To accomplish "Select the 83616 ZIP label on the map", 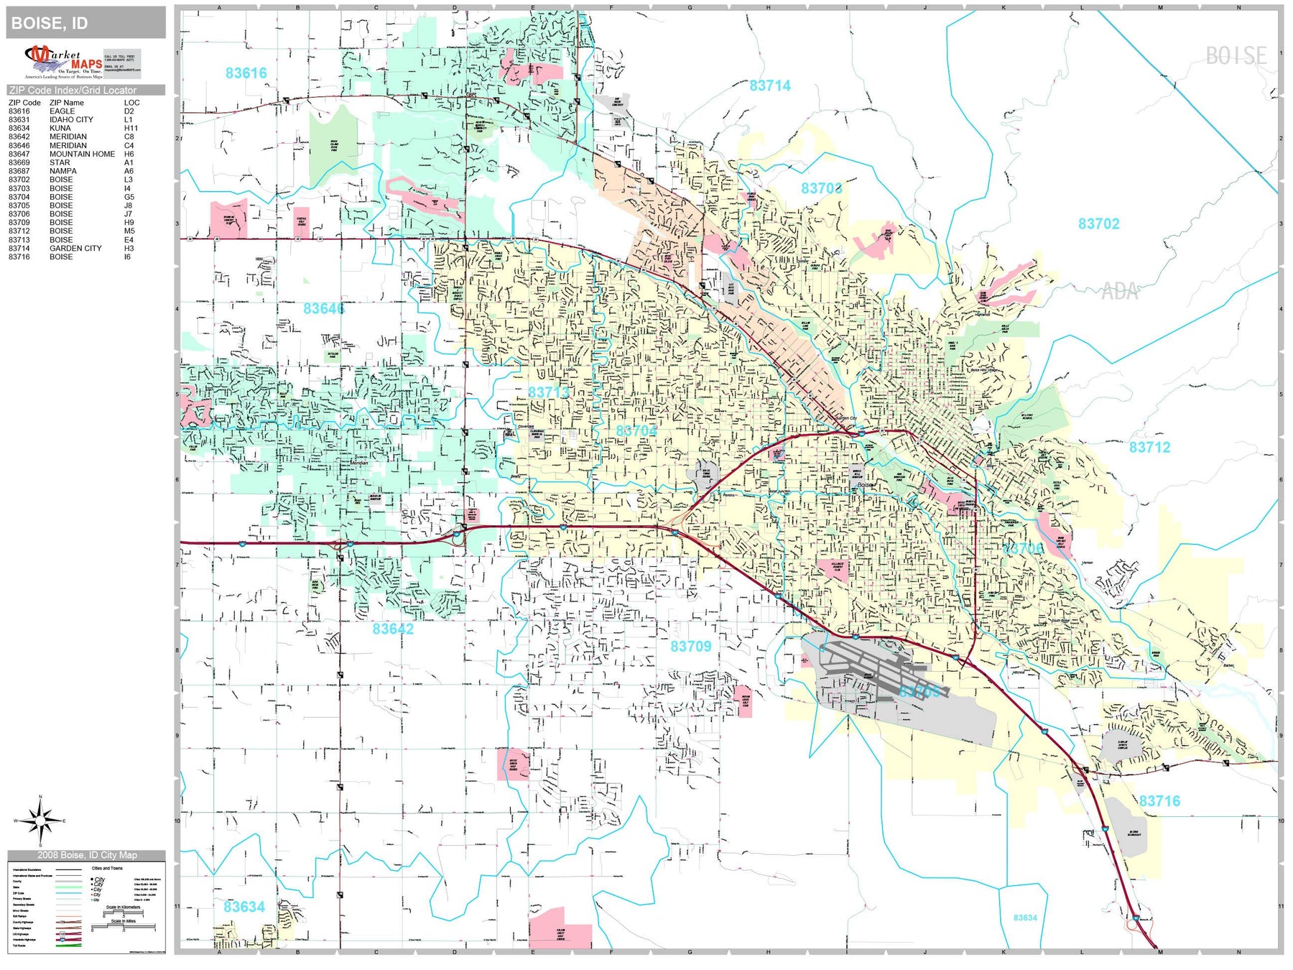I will click(246, 73).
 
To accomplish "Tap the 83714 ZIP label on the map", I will click(769, 86).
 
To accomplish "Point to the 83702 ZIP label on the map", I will click(1098, 224).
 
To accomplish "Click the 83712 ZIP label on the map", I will click(1149, 448).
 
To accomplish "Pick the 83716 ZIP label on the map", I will click(1159, 801).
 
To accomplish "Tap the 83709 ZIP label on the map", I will click(690, 647).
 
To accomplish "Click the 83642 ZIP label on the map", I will click(393, 629).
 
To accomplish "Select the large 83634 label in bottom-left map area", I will click(244, 907).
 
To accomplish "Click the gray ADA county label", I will click(1120, 292).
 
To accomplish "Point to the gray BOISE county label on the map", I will click(1236, 56).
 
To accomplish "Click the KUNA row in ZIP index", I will click(60, 129).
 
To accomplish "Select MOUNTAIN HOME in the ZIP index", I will click(82, 154).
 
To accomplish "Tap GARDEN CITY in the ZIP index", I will click(75, 249).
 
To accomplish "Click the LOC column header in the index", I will click(131, 103).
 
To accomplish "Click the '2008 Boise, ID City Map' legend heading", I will click(86, 855).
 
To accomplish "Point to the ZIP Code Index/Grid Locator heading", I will click(73, 91).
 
